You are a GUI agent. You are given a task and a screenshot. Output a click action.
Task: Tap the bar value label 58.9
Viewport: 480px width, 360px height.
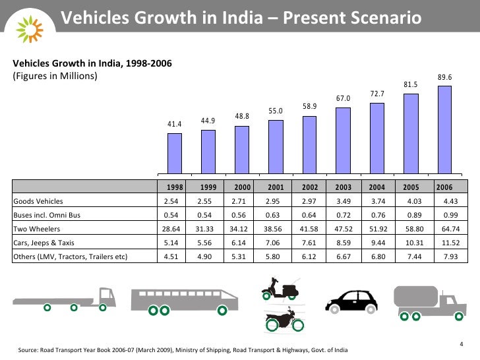309,106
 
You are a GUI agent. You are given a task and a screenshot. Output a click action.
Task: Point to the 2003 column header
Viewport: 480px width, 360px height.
343,187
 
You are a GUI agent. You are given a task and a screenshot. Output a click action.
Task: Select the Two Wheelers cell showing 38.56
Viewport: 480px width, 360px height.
276,229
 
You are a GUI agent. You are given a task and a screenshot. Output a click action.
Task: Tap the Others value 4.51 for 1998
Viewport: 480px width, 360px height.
174,256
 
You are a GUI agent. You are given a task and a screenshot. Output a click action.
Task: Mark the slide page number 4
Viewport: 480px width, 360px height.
460,344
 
